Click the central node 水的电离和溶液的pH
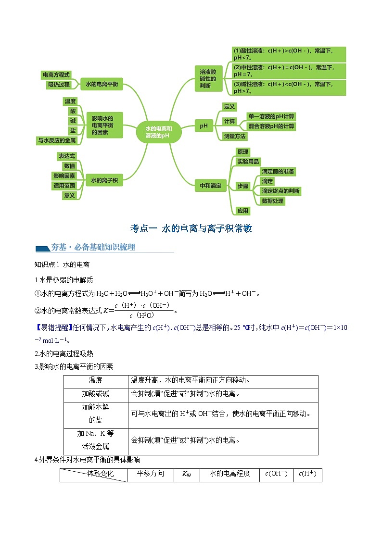pos(158,132)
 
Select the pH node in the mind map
pos(204,126)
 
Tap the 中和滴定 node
pos(210,185)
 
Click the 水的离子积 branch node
pos(104,180)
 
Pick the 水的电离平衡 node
pos(102,84)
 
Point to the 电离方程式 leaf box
pos(56,75)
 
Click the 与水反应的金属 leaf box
pos(57,140)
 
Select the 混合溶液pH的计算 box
pos(271,126)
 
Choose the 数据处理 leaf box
pos(272,201)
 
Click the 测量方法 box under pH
pos(234,136)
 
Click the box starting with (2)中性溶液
pos(289,71)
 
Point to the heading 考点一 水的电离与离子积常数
pos(191,228)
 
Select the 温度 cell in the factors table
pos(95,380)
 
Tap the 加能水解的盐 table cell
pos(95,413)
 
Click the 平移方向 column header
pos(151,474)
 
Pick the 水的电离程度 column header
pos(229,474)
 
